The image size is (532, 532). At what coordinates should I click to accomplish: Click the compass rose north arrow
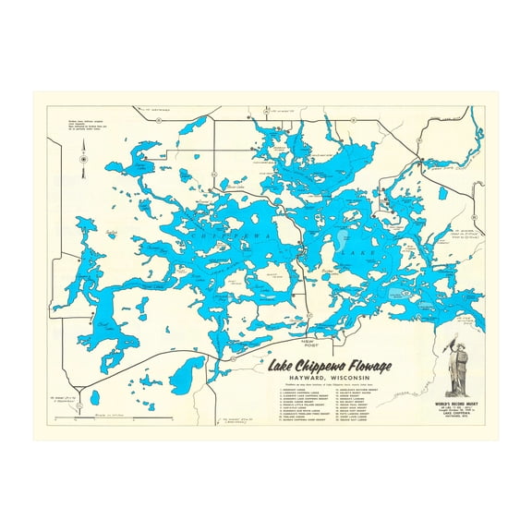coord(84,159)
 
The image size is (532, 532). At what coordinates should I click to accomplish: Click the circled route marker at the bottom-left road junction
coord(80,405)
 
